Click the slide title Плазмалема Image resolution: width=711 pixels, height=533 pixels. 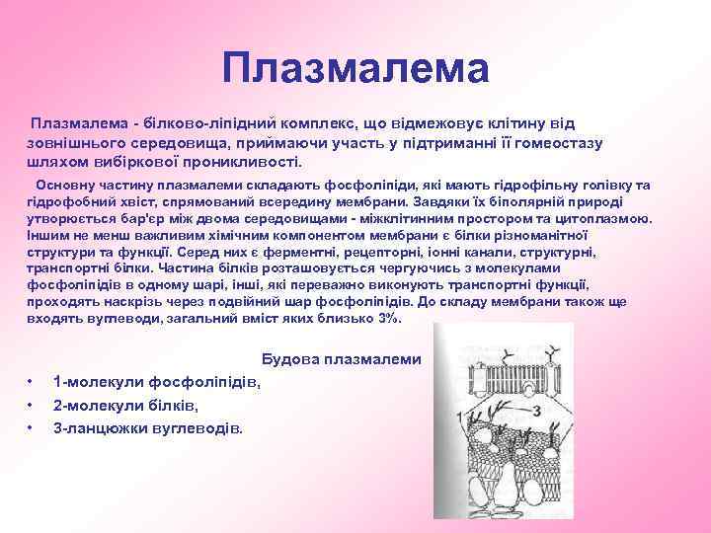click(355, 68)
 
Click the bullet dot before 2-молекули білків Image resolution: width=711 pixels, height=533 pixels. click(33, 405)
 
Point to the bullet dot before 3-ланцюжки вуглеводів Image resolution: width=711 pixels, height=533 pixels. click(33, 427)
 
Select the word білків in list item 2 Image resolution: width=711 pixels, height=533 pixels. click(174, 405)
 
